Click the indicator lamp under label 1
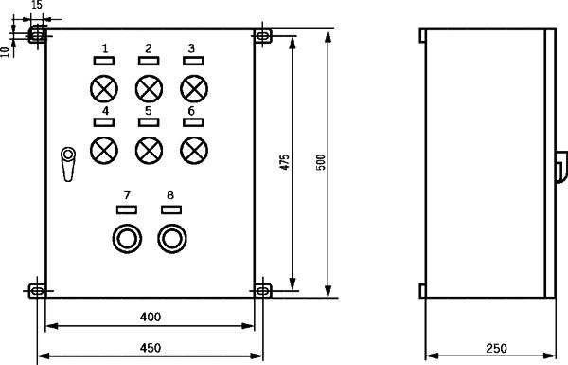pyautogui.click(x=104, y=89)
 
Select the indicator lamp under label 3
pyautogui.click(x=194, y=89)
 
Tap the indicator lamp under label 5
pyautogui.click(x=149, y=150)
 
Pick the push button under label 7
pyautogui.click(x=127, y=239)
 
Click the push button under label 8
pyautogui.click(x=172, y=239)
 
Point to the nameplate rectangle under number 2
pyautogui.click(x=149, y=61)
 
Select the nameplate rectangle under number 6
pyautogui.click(x=193, y=122)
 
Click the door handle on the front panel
pyautogui.click(x=68, y=164)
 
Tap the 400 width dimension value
pyautogui.click(x=151, y=317)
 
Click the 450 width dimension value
pyautogui.click(x=151, y=348)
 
